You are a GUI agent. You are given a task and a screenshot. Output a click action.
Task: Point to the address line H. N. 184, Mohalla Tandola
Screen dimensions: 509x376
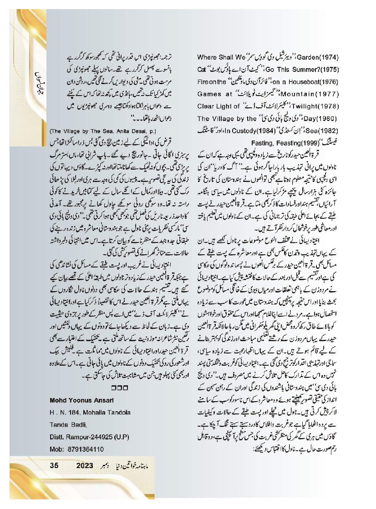click(89, 412)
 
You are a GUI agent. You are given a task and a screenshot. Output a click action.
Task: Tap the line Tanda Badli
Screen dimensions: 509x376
click(67, 424)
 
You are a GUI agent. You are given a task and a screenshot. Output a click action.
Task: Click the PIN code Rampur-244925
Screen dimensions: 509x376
click(90, 437)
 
